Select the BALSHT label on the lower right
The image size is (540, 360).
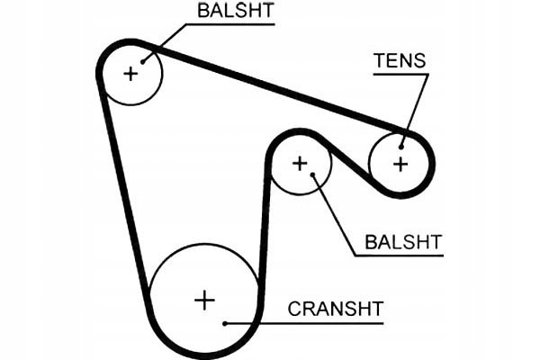(404, 241)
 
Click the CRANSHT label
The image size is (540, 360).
(336, 309)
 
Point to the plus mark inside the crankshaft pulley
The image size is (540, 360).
(205, 299)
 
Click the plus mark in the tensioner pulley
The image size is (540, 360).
(400, 164)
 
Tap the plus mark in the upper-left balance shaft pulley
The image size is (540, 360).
(131, 73)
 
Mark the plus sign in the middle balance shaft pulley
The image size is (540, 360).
(300, 163)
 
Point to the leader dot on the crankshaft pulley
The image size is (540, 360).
(224, 322)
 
